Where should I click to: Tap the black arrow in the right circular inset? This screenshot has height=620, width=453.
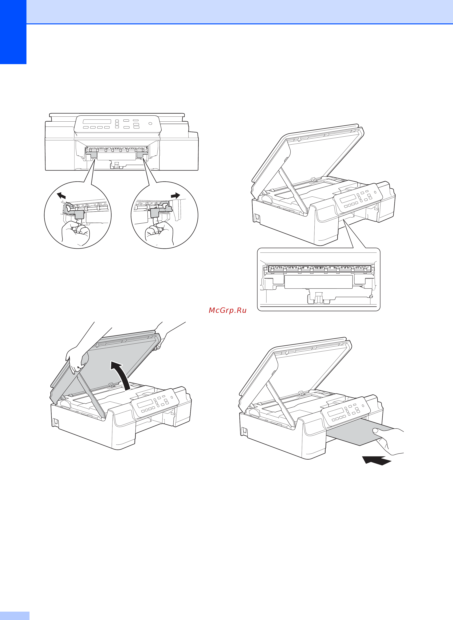coord(175,196)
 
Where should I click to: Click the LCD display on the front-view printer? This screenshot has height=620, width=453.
coord(97,121)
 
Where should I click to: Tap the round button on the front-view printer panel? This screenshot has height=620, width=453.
coord(150,124)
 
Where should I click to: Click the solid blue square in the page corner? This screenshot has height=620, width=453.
coord(13,32)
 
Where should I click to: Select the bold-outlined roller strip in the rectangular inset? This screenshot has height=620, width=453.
coord(319,268)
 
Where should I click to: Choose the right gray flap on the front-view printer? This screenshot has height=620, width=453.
coord(142,155)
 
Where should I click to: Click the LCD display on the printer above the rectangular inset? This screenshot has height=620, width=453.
coord(348,198)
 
